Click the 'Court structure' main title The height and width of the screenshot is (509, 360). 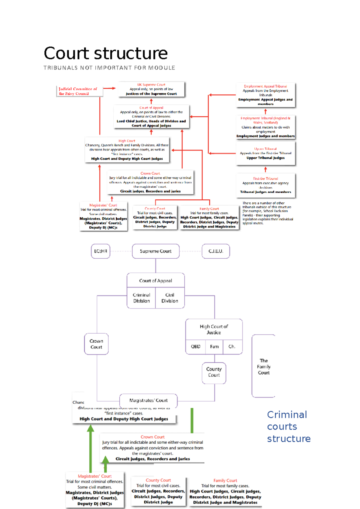(106, 53)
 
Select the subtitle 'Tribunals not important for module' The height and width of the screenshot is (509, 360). (109, 68)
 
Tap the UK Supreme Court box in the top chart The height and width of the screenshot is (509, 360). (151, 89)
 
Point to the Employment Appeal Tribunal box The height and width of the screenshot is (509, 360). (265, 95)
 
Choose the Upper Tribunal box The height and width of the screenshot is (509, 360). (265, 153)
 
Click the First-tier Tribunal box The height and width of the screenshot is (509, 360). (265, 185)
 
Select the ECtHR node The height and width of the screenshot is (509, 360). (100, 251)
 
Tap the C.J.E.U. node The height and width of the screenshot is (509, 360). (216, 251)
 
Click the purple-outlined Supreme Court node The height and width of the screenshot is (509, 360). (156, 251)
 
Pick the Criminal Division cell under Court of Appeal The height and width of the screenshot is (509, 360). (141, 298)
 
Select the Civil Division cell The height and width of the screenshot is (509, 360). (170, 298)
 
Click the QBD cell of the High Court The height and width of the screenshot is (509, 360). (196, 347)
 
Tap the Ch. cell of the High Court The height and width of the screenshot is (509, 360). (232, 347)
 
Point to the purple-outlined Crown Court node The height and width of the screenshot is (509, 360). (96, 344)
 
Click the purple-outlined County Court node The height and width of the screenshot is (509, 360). (214, 372)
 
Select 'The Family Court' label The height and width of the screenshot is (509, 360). (264, 367)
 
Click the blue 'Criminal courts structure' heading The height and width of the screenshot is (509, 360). (288, 427)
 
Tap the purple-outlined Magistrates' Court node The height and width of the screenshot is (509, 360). (148, 400)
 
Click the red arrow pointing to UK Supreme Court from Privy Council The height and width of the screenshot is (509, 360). (109, 88)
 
